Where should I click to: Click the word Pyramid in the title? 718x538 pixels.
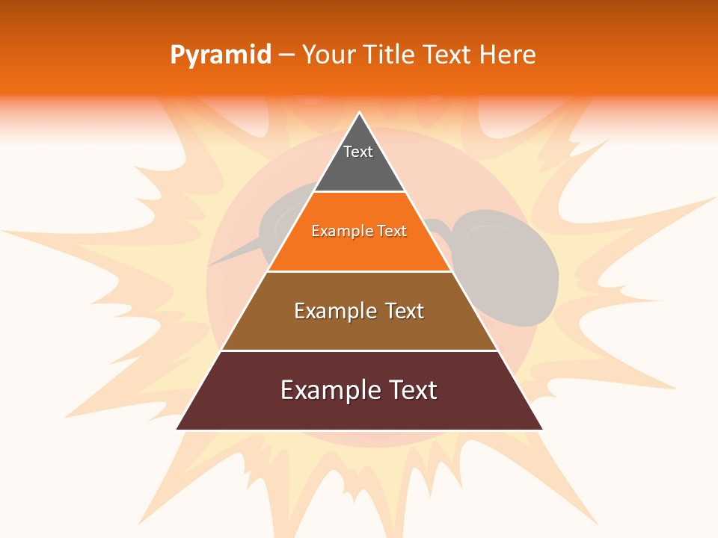click(x=220, y=55)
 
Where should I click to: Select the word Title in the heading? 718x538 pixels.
click(x=393, y=55)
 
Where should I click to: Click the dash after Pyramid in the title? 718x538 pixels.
click(x=286, y=55)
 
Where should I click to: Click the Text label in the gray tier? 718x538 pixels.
click(x=358, y=152)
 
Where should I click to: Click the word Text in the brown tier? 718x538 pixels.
click(x=405, y=311)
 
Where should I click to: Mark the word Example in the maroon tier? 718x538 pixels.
click(x=327, y=390)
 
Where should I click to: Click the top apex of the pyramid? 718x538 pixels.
click(x=360, y=114)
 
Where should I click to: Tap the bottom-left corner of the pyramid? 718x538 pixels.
click(x=178, y=429)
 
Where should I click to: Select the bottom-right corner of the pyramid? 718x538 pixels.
click(x=541, y=429)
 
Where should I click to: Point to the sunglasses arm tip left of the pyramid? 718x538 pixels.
click(x=212, y=263)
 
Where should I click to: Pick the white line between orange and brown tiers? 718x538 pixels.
click(x=359, y=271)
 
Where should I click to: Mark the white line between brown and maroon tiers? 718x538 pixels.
click(x=359, y=350)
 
